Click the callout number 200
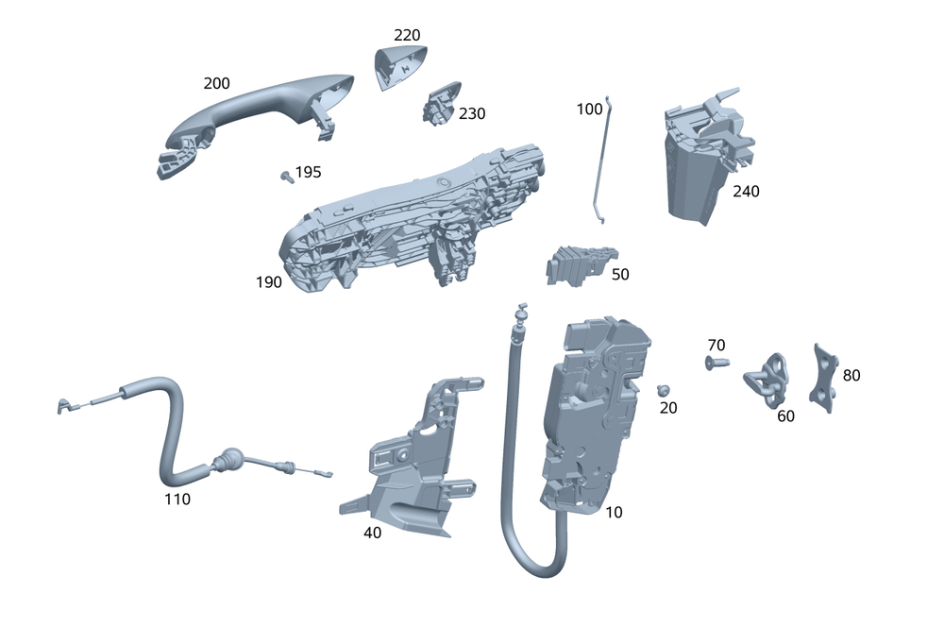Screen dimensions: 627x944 pyautogui.click(x=216, y=83)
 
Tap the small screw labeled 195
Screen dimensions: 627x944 pyautogui.click(x=285, y=176)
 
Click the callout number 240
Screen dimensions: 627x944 pyautogui.click(x=746, y=191)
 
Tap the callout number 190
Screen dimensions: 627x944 pyautogui.click(x=268, y=281)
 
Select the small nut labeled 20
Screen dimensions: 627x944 pyautogui.click(x=665, y=390)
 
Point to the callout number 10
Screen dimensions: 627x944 pyautogui.click(x=614, y=512)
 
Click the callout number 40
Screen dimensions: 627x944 pyautogui.click(x=373, y=532)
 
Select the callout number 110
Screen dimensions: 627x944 pyautogui.click(x=177, y=499)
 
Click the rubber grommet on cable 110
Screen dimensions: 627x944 pyautogui.click(x=228, y=461)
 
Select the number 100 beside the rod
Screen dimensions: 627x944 pyautogui.click(x=589, y=109)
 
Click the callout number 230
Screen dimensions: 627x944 pyautogui.click(x=472, y=113)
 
